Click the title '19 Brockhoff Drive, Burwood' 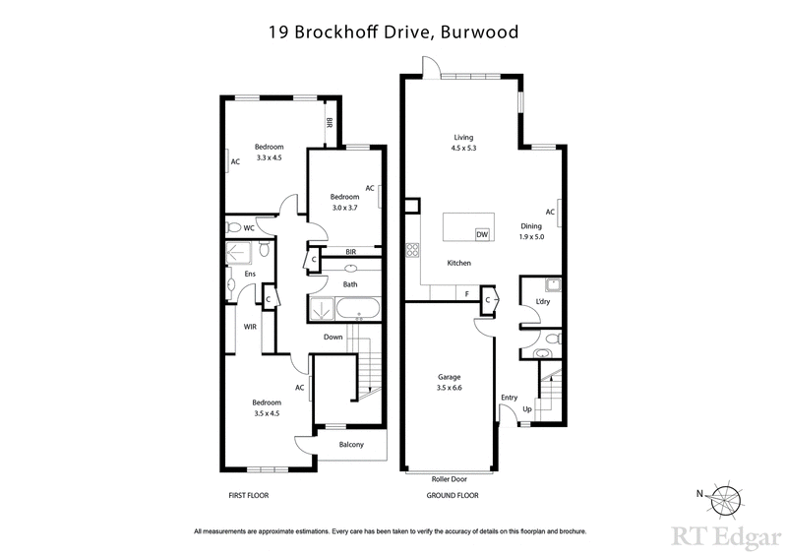click(x=393, y=31)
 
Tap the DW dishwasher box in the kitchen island click(x=482, y=234)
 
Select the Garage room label click(x=450, y=383)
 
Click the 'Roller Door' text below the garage click(x=450, y=478)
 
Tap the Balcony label click(x=351, y=445)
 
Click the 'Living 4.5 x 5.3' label click(x=463, y=143)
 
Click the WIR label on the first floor click(x=251, y=327)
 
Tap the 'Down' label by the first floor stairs click(x=333, y=338)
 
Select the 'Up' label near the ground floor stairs click(x=527, y=408)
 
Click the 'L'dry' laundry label click(x=542, y=301)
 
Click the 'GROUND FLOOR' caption click(x=453, y=495)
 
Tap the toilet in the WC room click(x=234, y=227)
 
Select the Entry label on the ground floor click(x=509, y=398)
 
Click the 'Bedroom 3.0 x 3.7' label click(x=344, y=202)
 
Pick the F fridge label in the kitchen click(x=467, y=293)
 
